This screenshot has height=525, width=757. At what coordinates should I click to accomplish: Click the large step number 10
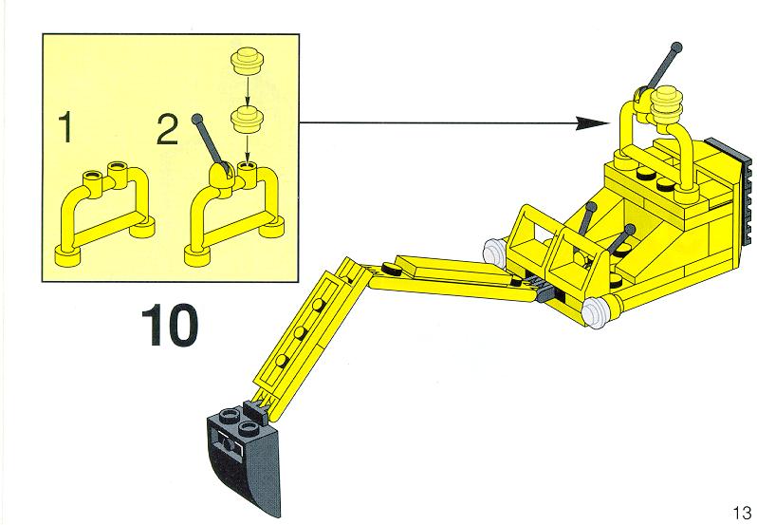pyautogui.click(x=170, y=325)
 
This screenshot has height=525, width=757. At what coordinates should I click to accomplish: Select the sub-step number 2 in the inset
pyautogui.click(x=168, y=129)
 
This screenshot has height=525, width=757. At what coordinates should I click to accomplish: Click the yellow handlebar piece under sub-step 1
pyautogui.click(x=104, y=214)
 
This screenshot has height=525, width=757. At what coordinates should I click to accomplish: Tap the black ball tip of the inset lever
pyautogui.click(x=197, y=119)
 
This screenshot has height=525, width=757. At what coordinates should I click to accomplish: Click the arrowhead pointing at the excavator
pyautogui.click(x=594, y=123)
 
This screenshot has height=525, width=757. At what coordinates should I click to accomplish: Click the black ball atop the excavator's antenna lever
pyautogui.click(x=676, y=47)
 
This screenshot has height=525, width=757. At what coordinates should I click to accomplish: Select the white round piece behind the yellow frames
pyautogui.click(x=496, y=252)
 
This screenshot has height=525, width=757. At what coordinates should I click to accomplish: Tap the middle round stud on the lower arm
pyautogui.click(x=300, y=332)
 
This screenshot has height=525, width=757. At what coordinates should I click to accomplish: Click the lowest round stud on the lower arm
pyautogui.click(x=282, y=361)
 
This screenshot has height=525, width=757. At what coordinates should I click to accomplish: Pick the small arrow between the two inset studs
pyautogui.click(x=247, y=89)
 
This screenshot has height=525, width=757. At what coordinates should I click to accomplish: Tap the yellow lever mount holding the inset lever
pyautogui.click(x=223, y=179)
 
